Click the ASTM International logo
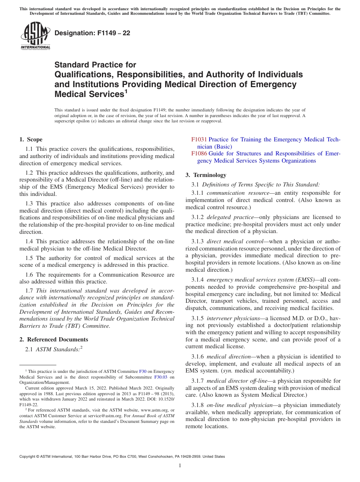pos(35,36)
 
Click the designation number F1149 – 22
pos(92,33)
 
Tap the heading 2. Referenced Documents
pos(54,340)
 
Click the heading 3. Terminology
pos(206,175)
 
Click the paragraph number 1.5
pos(30,258)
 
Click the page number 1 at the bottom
pos(180,466)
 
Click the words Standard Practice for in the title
pos(95,65)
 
